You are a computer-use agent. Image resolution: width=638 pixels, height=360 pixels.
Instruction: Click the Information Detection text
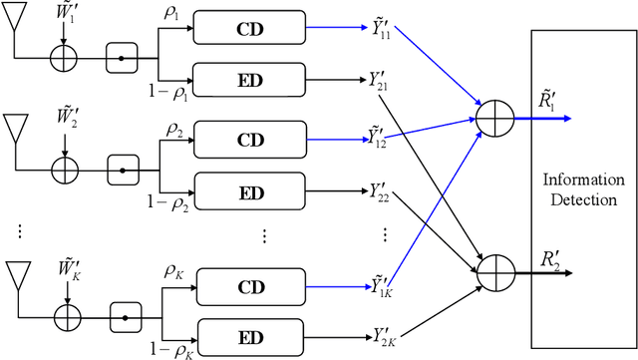pyautogui.click(x=583, y=188)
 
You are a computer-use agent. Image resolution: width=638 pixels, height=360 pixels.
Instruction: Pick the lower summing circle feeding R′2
pyautogui.click(x=492, y=268)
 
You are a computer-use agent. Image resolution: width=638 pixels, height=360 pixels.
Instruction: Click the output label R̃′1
pyautogui.click(x=549, y=99)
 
